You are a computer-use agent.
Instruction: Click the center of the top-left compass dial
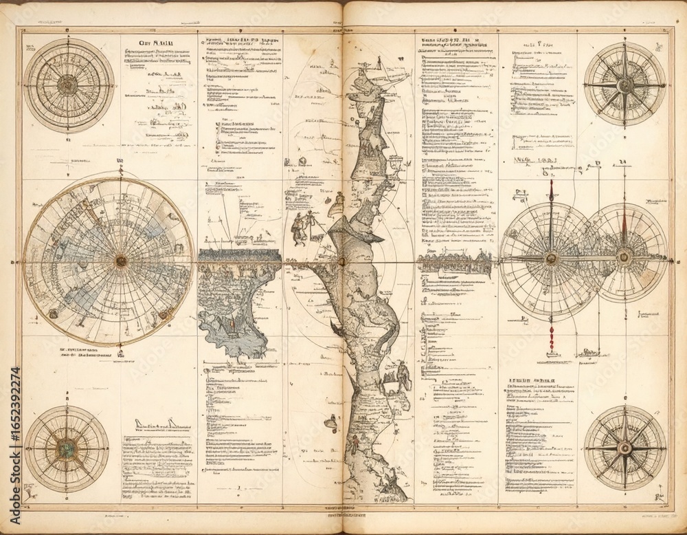pyautogui.click(x=67, y=85)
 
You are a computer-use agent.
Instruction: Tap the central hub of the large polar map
pyautogui.click(x=121, y=261)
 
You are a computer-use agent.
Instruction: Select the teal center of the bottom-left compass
pyautogui.click(x=66, y=450)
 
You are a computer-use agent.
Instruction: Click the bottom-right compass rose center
pyautogui.click(x=624, y=448)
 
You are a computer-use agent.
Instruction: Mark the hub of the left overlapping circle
pyautogui.click(x=550, y=259)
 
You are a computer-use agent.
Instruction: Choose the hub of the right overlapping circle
pyautogui.click(x=624, y=258)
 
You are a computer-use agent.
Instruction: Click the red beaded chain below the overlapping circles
pyautogui.click(x=550, y=337)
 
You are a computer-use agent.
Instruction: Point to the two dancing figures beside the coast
pyautogui.click(x=304, y=227)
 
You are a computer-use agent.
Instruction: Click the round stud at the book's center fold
pyautogui.click(x=341, y=261)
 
